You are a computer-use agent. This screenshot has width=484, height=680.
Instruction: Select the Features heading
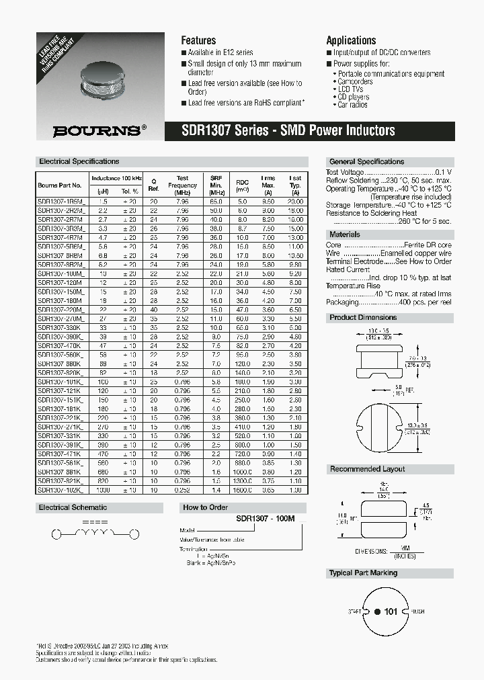[198, 40]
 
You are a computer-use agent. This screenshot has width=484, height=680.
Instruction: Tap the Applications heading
[351, 40]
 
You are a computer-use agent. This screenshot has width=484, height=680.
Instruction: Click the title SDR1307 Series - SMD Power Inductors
[288, 131]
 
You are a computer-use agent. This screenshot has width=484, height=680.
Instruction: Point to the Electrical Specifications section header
[79, 161]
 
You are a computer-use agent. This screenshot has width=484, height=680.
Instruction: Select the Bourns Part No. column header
[60, 185]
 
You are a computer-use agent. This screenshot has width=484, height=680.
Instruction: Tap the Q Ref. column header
[153, 184]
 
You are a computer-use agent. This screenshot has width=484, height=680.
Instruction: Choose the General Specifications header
[366, 162]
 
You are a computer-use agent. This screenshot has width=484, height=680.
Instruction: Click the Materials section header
[344, 235]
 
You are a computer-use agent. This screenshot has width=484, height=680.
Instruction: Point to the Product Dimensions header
[363, 317]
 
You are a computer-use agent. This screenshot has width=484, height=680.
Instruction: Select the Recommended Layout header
[367, 469]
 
